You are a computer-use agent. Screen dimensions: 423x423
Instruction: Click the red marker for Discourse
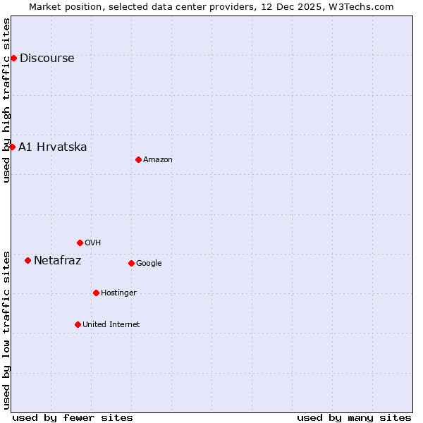pyautogui.click(x=13, y=58)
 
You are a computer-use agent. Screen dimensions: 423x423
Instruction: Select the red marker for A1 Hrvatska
pyautogui.click(x=12, y=147)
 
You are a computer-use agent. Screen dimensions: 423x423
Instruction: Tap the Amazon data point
pyautogui.click(x=138, y=159)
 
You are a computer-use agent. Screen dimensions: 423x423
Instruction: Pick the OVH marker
pyautogui.click(x=80, y=243)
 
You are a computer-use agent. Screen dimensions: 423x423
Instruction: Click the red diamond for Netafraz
pyautogui.click(x=27, y=260)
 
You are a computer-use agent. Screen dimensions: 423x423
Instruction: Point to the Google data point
pyautogui.click(x=131, y=263)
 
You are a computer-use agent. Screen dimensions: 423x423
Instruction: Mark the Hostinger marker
pyautogui.click(x=96, y=293)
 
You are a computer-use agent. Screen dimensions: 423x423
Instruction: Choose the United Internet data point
pyautogui.click(x=78, y=324)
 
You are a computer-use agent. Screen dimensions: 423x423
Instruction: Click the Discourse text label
pyautogui.click(x=47, y=59)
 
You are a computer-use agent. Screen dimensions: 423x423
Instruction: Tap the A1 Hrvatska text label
pyautogui.click(x=52, y=147)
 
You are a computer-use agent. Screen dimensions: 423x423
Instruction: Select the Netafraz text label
pyautogui.click(x=57, y=261)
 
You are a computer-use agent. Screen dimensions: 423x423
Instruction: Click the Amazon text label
pyautogui.click(x=157, y=160)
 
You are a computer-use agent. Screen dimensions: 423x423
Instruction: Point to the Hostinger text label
pyautogui.click(x=118, y=293)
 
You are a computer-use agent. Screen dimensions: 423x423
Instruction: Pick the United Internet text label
pyautogui.click(x=111, y=325)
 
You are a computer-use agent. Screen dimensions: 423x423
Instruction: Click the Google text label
pyautogui.click(x=149, y=264)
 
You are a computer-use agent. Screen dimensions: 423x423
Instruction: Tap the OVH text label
pyautogui.click(x=92, y=243)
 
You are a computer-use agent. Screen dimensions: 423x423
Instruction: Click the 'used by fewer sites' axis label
pyautogui.click(x=73, y=417)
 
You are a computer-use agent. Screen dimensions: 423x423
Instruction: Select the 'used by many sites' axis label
pyautogui.click(x=354, y=417)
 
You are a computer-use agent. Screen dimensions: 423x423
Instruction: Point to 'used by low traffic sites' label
pyautogui.click(x=7, y=330)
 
